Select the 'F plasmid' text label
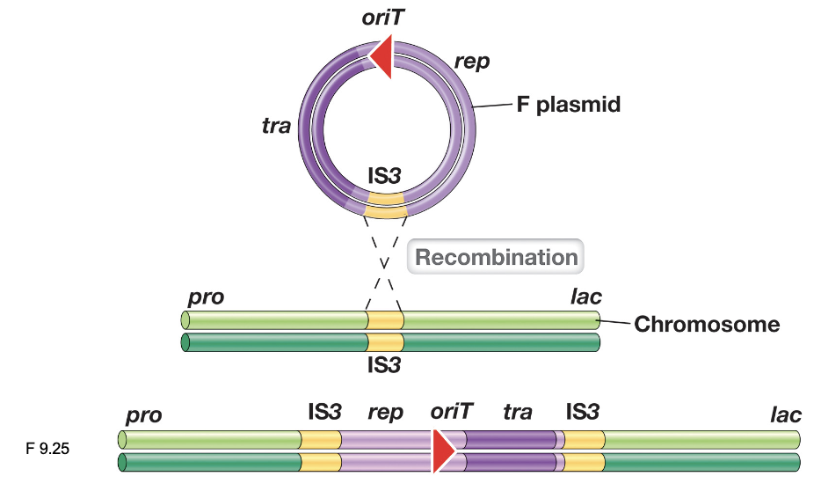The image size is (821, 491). coord(568,105)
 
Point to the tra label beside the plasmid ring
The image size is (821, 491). coord(276,126)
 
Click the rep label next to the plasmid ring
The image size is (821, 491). coord(472,62)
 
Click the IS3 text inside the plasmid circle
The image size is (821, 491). coord(383,174)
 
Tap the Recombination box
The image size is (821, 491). coord(496,257)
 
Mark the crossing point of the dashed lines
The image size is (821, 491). coord(384,261)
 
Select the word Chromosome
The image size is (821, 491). coord(707,325)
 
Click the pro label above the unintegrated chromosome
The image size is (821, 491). coord(206,297)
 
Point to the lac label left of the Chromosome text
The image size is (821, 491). coord(585,297)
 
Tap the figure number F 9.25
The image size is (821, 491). coord(48,449)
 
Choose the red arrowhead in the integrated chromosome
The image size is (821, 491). coord(441,450)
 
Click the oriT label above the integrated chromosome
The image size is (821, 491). coord(452,411)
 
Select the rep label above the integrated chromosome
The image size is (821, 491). coord(382,413)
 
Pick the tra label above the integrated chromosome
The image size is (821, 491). coord(519,412)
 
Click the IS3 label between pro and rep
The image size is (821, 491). coord(323,411)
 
